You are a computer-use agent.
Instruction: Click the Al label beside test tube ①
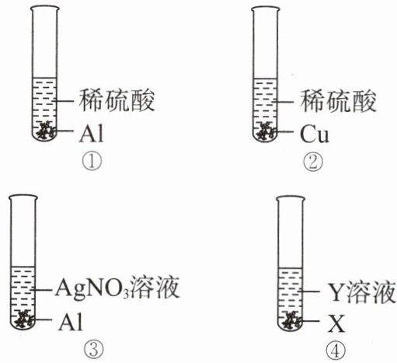[91, 134]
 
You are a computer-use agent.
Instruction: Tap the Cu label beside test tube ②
[315, 134]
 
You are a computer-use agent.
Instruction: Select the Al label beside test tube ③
[70, 322]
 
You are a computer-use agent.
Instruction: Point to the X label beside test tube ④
[336, 323]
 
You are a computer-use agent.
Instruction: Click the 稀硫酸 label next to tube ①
[117, 100]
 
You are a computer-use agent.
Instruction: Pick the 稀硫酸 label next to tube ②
[338, 101]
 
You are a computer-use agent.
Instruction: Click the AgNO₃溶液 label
[117, 288]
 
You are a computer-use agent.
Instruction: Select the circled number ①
[92, 161]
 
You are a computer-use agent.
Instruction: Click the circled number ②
[313, 162]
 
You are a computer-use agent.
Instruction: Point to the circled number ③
[94, 349]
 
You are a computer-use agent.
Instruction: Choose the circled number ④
[336, 351]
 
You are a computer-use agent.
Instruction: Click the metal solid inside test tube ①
[46, 131]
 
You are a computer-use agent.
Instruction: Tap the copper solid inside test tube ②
[266, 131]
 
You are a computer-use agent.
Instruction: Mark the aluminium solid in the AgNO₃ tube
[24, 319]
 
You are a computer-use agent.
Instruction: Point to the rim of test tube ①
[45, 9]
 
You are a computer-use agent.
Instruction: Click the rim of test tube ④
[291, 199]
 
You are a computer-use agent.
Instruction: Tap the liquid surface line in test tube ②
[266, 79]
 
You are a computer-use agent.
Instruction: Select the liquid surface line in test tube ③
[23, 267]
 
